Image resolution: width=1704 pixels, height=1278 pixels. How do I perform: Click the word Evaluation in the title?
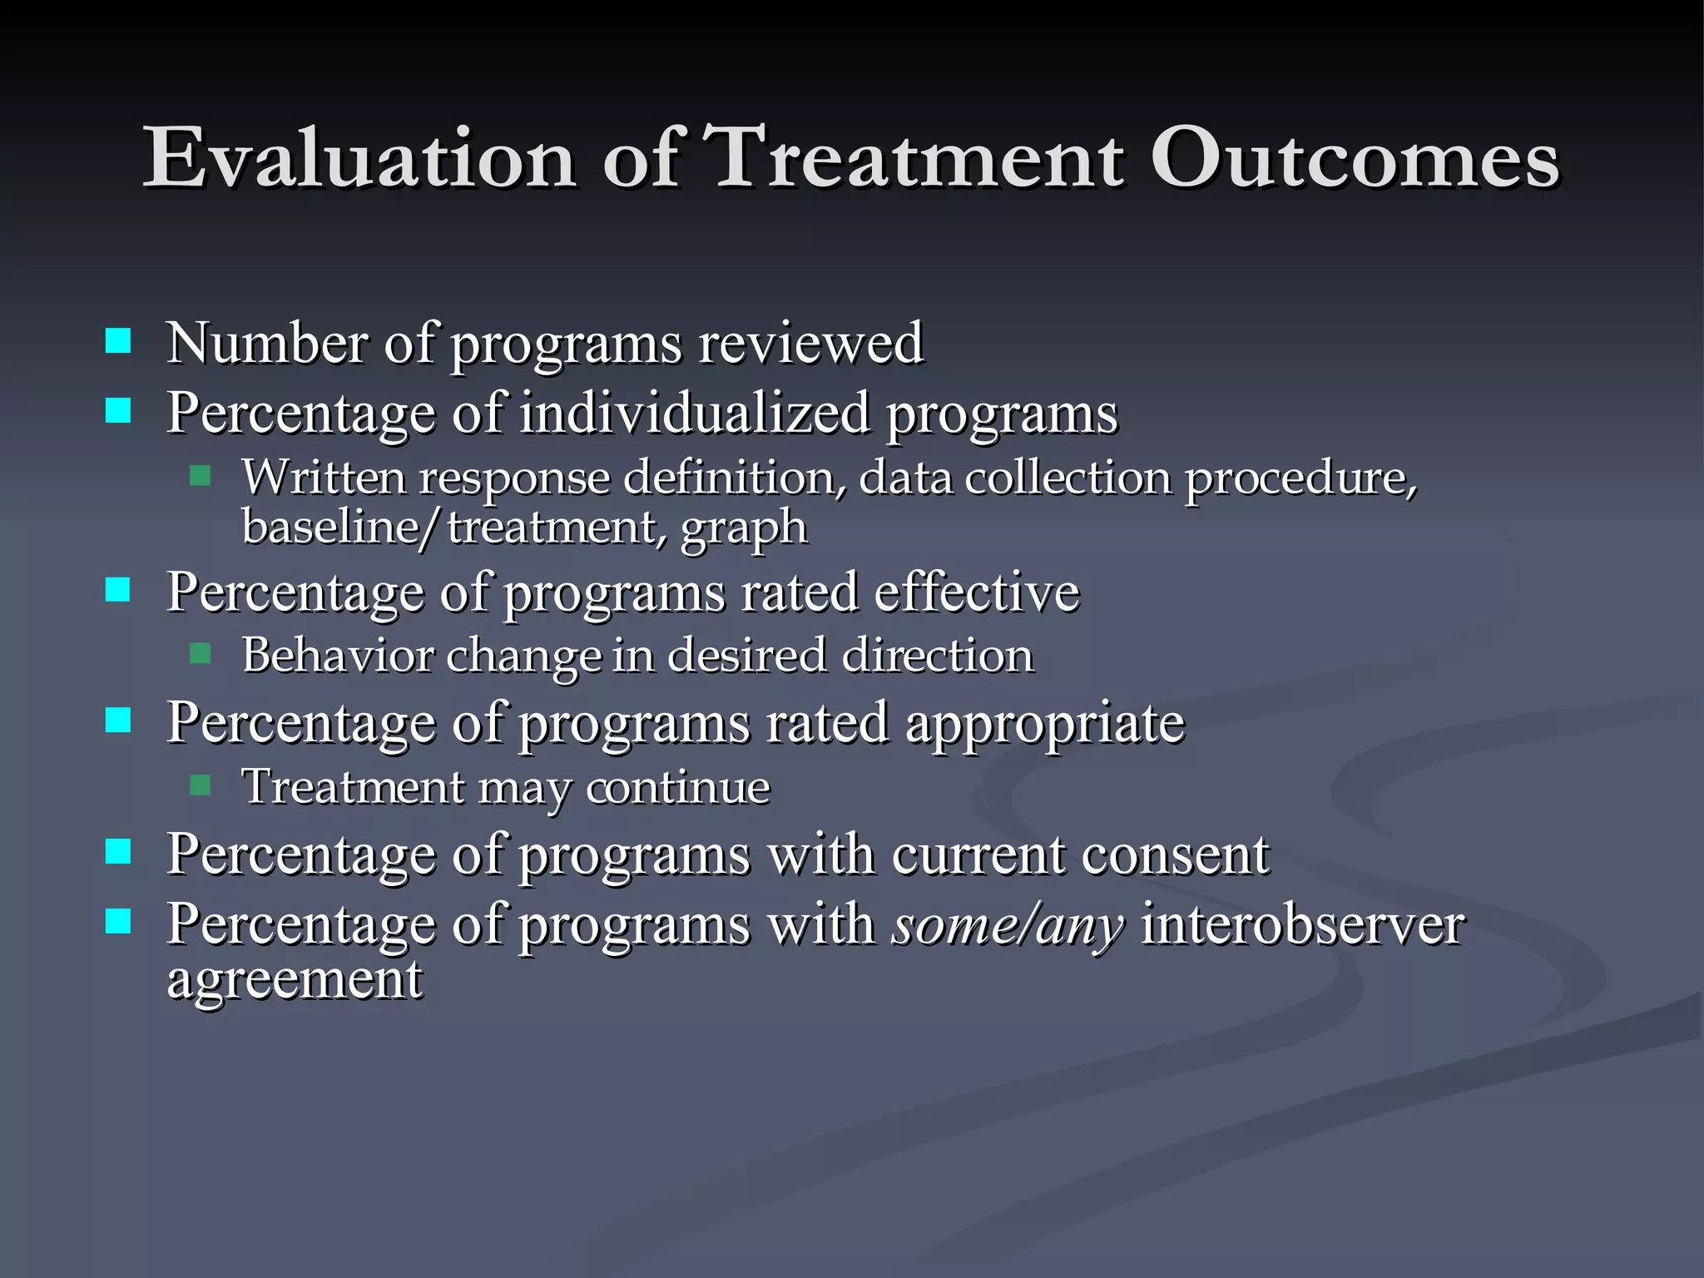[x=359, y=158]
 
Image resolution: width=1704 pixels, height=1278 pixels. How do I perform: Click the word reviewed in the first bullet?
[x=810, y=343]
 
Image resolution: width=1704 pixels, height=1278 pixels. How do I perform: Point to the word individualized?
[x=695, y=413]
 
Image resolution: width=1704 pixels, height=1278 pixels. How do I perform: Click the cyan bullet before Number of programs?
[x=118, y=341]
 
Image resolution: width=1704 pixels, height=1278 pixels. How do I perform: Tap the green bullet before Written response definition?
[x=200, y=476]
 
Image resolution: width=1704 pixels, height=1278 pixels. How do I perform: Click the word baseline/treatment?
[x=453, y=528]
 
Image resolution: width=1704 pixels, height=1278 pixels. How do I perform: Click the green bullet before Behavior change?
[x=200, y=653]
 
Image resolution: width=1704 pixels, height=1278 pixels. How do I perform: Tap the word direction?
[x=937, y=656]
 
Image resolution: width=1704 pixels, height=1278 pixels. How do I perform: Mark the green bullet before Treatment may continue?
[x=200, y=785]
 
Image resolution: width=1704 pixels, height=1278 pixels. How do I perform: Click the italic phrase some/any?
[x=1008, y=925]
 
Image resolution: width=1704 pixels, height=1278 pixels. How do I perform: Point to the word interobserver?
[x=1301, y=925]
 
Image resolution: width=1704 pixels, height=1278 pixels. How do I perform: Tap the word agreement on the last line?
[x=295, y=980]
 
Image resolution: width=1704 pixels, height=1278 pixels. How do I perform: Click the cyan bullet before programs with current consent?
[x=118, y=852]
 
